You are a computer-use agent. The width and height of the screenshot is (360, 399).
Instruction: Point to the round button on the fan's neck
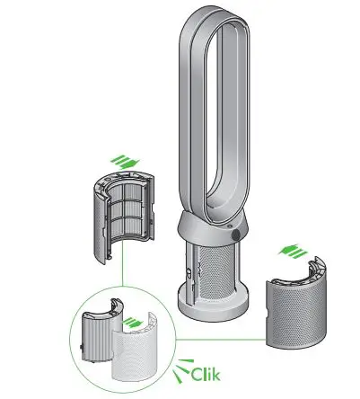[x=235, y=234]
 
